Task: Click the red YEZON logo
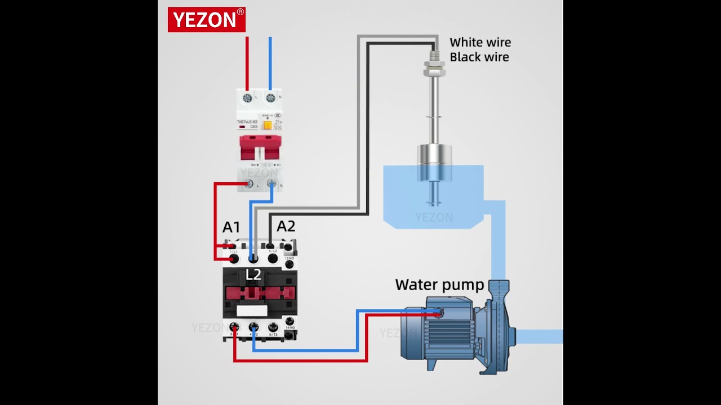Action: point(206,20)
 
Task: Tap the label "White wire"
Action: point(480,42)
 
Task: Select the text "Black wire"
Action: point(479,57)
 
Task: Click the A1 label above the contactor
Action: point(231,227)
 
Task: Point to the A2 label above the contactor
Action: point(286,226)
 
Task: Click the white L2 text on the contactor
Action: point(253,274)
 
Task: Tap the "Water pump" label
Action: point(439,285)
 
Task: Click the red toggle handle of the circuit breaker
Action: point(260,147)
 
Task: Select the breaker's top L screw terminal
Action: point(247,98)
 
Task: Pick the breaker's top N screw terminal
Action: point(270,98)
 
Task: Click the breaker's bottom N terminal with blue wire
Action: point(272,183)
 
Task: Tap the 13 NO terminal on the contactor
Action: point(290,263)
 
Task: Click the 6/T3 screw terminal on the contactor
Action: point(273,327)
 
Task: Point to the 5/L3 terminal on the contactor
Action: point(273,258)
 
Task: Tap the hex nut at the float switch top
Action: point(434,72)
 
